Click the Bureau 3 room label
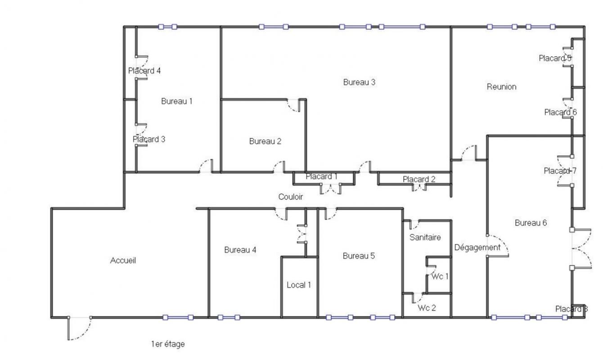359,82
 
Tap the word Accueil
123,261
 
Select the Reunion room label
501,87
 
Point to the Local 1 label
299,285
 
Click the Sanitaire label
425,237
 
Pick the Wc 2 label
427,308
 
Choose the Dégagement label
477,247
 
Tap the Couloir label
290,197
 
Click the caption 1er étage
168,344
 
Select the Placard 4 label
144,71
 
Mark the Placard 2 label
419,179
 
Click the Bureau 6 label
531,223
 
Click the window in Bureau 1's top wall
168,27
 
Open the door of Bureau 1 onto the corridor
206,166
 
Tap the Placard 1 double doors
331,189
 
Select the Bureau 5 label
359,256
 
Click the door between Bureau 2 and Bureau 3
293,105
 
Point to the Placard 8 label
571,309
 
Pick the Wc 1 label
440,276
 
